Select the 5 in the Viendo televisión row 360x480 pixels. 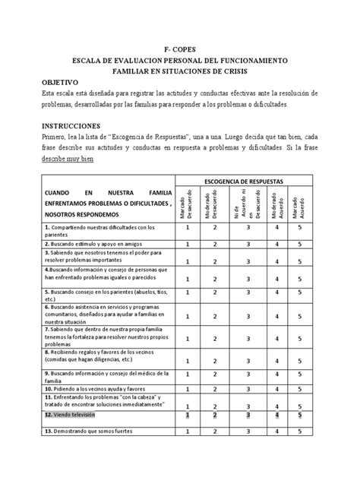pyautogui.click(x=300, y=415)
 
